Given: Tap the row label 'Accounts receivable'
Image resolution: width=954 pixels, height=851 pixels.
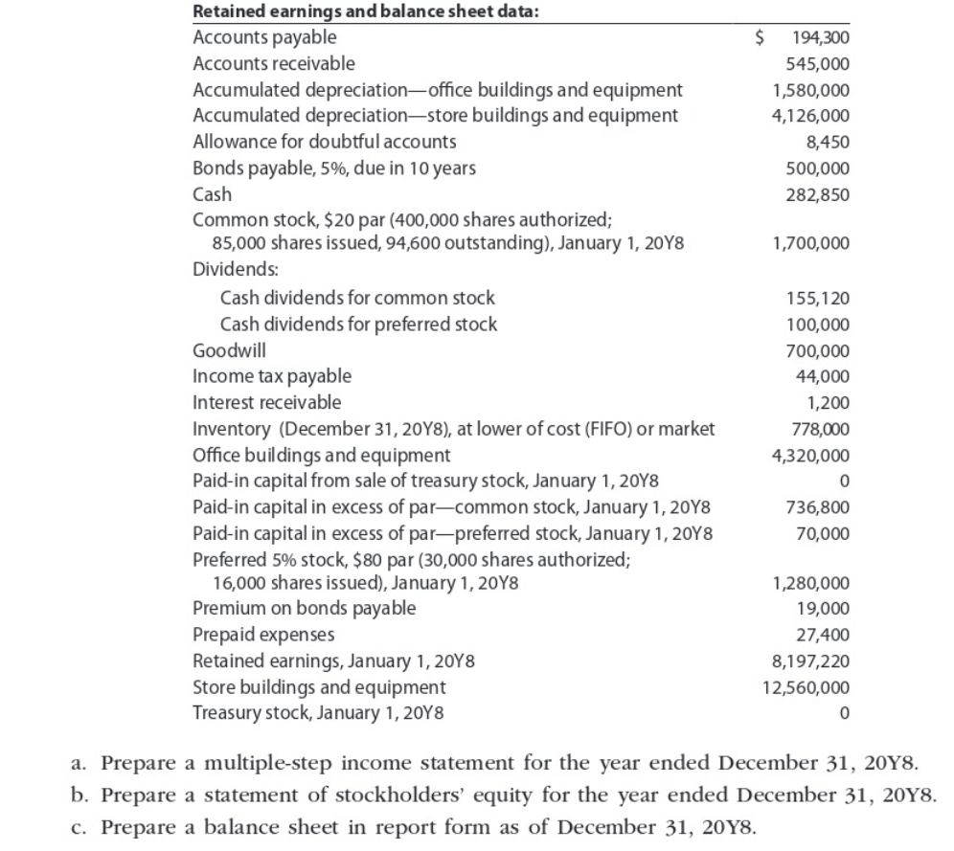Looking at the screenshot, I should (x=274, y=64).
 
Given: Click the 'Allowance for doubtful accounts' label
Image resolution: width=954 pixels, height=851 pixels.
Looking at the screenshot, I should (x=325, y=142).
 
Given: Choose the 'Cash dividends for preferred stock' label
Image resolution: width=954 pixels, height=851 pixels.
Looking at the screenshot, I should (x=358, y=325).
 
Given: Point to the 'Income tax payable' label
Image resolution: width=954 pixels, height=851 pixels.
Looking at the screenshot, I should (x=272, y=376).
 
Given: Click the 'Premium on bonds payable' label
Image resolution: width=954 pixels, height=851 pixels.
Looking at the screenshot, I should (x=305, y=608).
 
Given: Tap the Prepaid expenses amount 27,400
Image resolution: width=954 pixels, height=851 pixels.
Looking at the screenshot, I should (x=826, y=635).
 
